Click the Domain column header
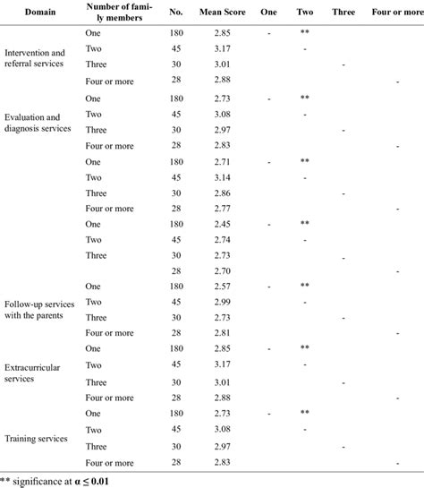pos(38,13)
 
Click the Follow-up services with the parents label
pos(40,310)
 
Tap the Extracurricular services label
pos(34,372)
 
